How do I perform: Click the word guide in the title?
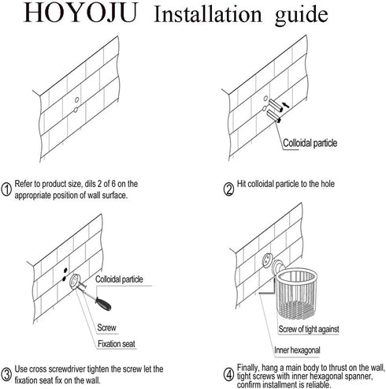(302, 15)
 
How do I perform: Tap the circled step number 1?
(6, 189)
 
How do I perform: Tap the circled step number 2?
(228, 189)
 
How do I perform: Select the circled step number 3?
(6, 375)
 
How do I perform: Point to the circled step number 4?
(228, 375)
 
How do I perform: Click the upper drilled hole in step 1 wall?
(76, 100)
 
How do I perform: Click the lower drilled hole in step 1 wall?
(76, 110)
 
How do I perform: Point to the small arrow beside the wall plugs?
(286, 104)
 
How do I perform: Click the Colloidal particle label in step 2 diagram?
(310, 143)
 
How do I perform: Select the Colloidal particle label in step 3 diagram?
(119, 279)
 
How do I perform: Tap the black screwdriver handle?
(103, 304)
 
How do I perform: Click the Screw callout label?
(106, 327)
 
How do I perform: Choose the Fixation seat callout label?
(117, 344)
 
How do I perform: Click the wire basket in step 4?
(297, 293)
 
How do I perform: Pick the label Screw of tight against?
(309, 329)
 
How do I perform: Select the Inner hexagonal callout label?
(297, 350)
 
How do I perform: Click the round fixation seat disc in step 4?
(267, 260)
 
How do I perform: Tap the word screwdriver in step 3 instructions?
(65, 369)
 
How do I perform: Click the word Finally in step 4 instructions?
(248, 368)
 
